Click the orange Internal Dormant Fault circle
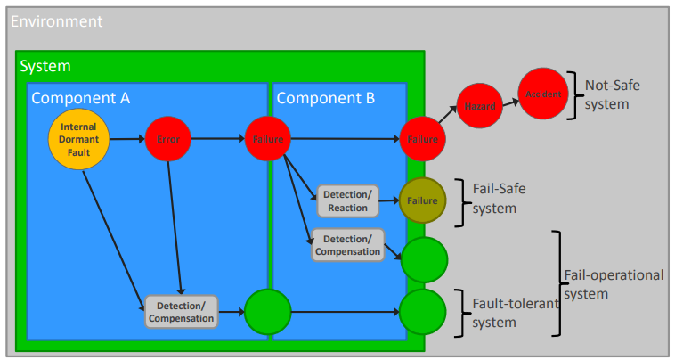(x=78, y=140)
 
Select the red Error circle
(x=168, y=139)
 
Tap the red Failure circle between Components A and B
(x=268, y=139)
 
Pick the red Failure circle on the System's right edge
(x=422, y=139)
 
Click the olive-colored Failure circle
(x=422, y=200)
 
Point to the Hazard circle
(x=480, y=107)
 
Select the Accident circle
(x=543, y=94)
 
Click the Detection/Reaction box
(x=347, y=201)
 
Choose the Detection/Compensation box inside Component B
(x=348, y=245)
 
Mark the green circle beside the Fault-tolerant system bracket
(x=422, y=312)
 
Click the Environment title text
(x=56, y=20)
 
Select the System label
(x=45, y=66)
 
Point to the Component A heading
(x=81, y=97)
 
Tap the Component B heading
(x=326, y=97)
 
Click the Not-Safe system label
(x=613, y=94)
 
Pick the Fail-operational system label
(x=614, y=283)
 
